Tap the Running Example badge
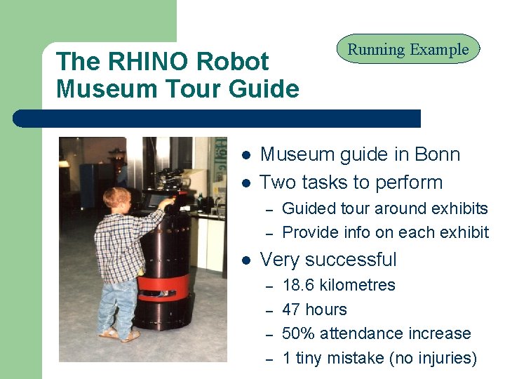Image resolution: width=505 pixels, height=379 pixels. point(408,50)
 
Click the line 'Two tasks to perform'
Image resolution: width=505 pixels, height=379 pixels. point(351,182)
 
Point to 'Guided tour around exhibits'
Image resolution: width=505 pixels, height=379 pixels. point(384,208)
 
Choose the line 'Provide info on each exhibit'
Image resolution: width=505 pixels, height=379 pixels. point(385,232)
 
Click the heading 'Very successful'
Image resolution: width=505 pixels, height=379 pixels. point(328,260)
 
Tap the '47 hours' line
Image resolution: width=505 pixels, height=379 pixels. point(314,310)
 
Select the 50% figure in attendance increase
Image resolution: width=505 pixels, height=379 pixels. point(298,333)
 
